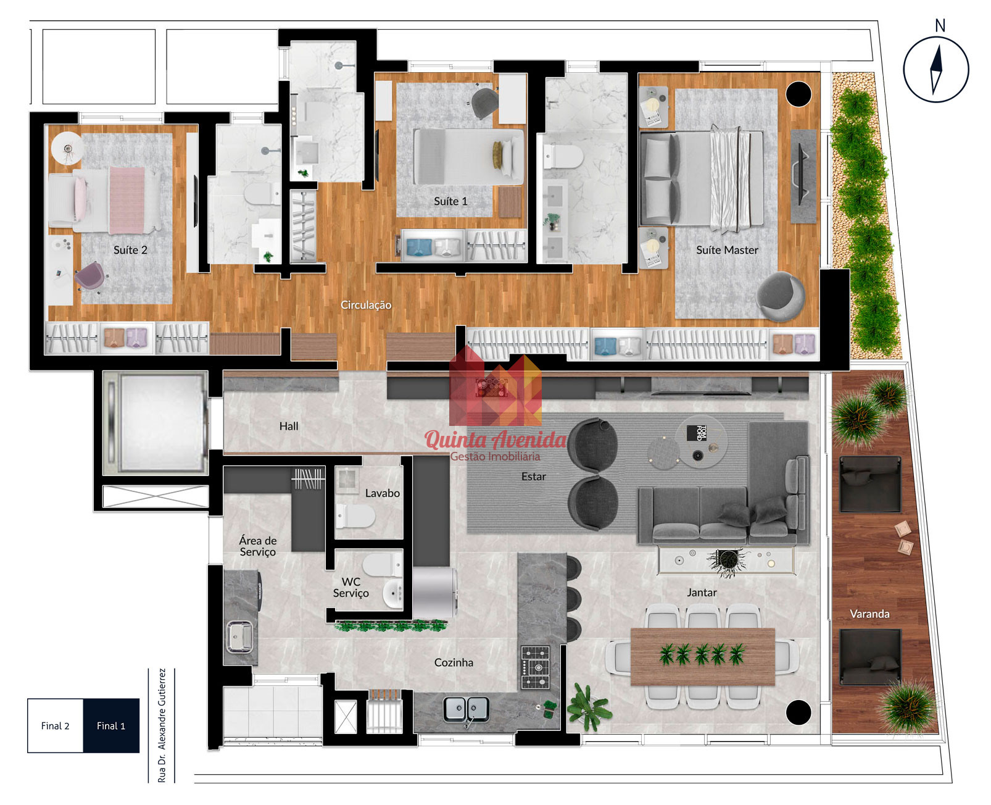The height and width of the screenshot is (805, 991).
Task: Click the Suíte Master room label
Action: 727,251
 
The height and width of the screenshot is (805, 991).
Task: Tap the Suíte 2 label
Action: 130,251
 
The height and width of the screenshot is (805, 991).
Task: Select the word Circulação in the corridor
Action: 366,305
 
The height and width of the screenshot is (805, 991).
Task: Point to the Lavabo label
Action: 382,493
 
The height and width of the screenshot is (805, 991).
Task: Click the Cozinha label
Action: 454,662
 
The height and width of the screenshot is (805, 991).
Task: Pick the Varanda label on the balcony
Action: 869,614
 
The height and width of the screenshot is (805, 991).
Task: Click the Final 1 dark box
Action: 111,725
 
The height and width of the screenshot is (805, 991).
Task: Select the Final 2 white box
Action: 56,725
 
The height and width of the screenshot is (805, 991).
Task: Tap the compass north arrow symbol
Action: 935,70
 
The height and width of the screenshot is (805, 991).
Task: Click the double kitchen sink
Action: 465,709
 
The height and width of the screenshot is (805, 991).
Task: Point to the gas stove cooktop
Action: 536,667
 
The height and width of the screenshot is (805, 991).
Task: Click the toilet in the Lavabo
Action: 355,516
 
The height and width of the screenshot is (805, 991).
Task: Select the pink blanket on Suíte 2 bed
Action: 126,201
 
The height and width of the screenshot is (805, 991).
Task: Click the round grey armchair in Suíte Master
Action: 780,296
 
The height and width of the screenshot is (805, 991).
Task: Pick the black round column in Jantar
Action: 798,712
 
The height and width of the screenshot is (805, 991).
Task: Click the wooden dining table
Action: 703,657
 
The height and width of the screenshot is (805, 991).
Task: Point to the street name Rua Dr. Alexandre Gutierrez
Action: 162,725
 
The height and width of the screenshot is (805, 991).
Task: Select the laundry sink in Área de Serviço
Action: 239,636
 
